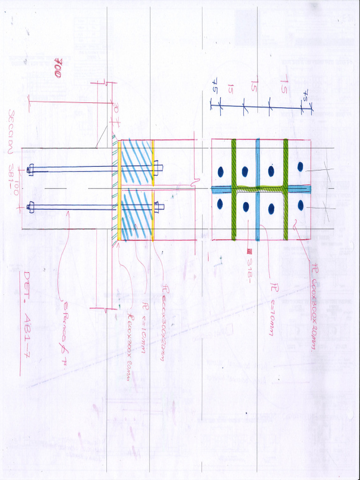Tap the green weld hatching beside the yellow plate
tap(114, 187)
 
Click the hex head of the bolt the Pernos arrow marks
tap(31, 207)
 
